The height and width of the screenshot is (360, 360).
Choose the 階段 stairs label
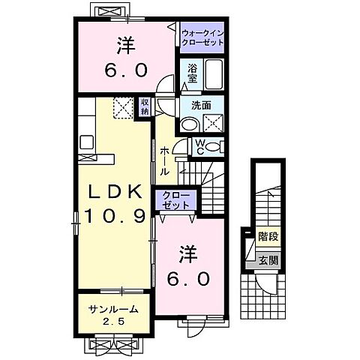click(268, 236)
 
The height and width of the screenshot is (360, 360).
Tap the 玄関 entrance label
click(268, 261)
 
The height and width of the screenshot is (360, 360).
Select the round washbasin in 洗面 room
click(190, 124)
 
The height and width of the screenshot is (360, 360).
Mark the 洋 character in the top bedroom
click(125, 46)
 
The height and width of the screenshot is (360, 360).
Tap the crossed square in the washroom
click(213, 124)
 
